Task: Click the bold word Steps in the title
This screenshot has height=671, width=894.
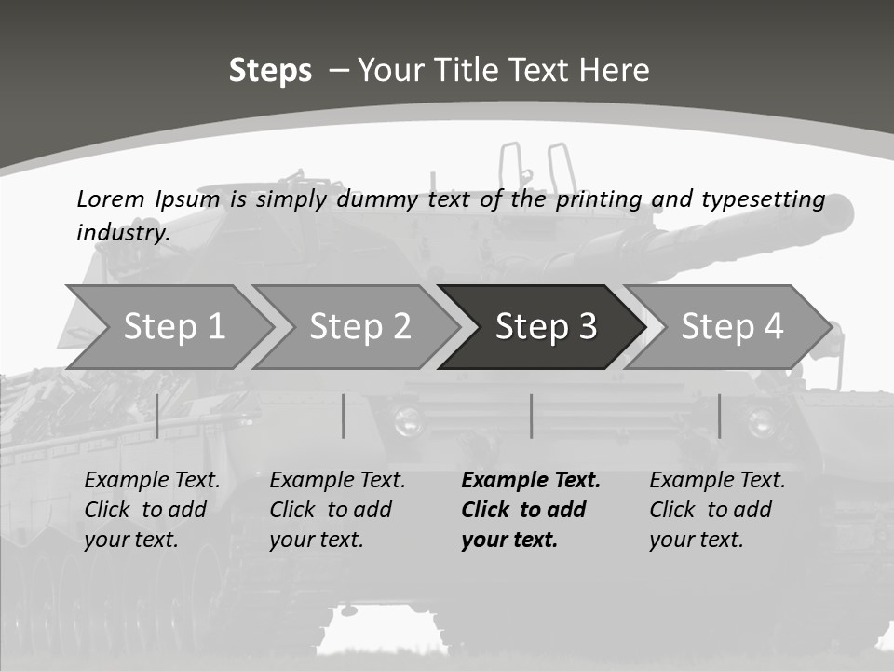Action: (x=270, y=71)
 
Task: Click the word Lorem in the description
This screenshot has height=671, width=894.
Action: (x=111, y=199)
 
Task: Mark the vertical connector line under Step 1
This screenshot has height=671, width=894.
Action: (x=157, y=416)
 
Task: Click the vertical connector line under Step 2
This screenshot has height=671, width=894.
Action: (x=344, y=416)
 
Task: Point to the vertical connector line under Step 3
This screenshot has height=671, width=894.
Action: (x=531, y=416)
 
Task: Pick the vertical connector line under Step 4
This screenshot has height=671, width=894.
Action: (x=719, y=416)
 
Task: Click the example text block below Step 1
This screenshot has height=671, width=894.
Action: (x=152, y=510)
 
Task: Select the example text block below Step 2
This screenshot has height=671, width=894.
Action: (x=337, y=510)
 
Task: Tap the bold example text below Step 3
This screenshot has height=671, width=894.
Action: (x=531, y=510)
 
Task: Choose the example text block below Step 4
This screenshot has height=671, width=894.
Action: (x=717, y=510)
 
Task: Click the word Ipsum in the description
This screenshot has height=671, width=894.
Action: (x=188, y=199)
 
